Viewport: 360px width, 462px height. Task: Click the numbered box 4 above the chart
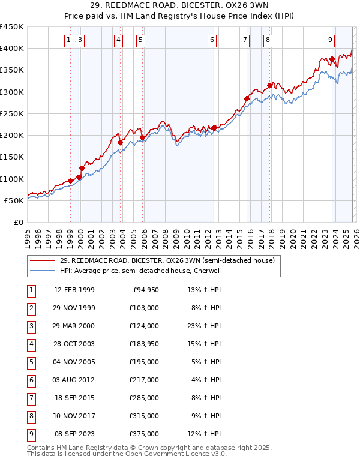[118, 40]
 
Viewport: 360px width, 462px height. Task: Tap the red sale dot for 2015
[247, 98]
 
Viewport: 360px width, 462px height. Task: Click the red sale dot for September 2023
[332, 59]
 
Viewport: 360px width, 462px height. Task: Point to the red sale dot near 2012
[214, 128]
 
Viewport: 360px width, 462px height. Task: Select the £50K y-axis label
[14, 200]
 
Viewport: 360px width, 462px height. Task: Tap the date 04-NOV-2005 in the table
[74, 362]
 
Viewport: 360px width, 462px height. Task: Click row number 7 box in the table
[30, 398]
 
